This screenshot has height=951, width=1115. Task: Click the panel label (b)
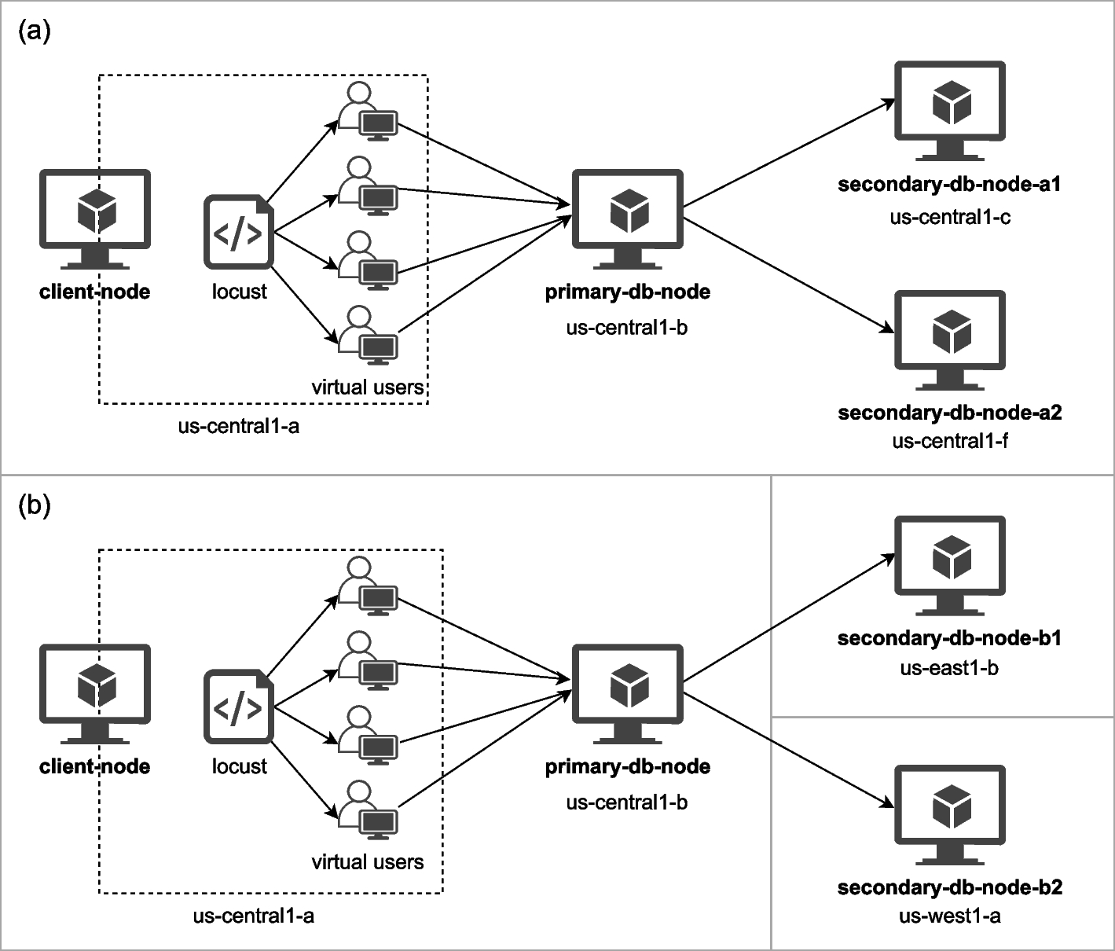(x=34, y=505)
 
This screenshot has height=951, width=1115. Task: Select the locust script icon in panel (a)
(x=239, y=233)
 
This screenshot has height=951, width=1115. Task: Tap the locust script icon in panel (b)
(x=239, y=707)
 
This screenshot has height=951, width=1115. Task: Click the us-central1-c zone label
(x=950, y=218)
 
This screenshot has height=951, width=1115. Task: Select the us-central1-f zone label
(x=950, y=441)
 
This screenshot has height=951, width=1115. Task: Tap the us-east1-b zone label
(x=949, y=669)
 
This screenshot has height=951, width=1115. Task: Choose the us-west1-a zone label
(x=949, y=916)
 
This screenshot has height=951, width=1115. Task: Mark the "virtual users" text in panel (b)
(x=367, y=862)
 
